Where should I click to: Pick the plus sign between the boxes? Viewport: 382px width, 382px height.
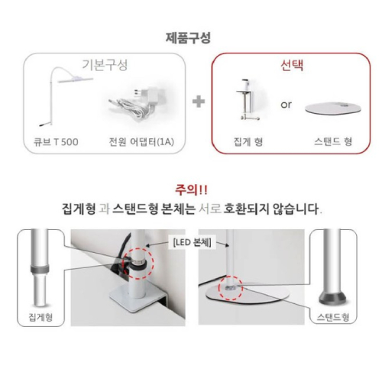coord(198,102)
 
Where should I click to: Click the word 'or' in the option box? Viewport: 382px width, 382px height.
coord(286,104)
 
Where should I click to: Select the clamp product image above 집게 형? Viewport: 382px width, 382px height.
coord(247,102)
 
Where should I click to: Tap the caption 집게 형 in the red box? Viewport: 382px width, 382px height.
coord(246,142)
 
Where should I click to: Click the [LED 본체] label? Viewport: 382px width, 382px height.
coord(192,242)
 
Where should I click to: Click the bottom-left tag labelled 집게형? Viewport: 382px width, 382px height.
coord(35,314)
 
